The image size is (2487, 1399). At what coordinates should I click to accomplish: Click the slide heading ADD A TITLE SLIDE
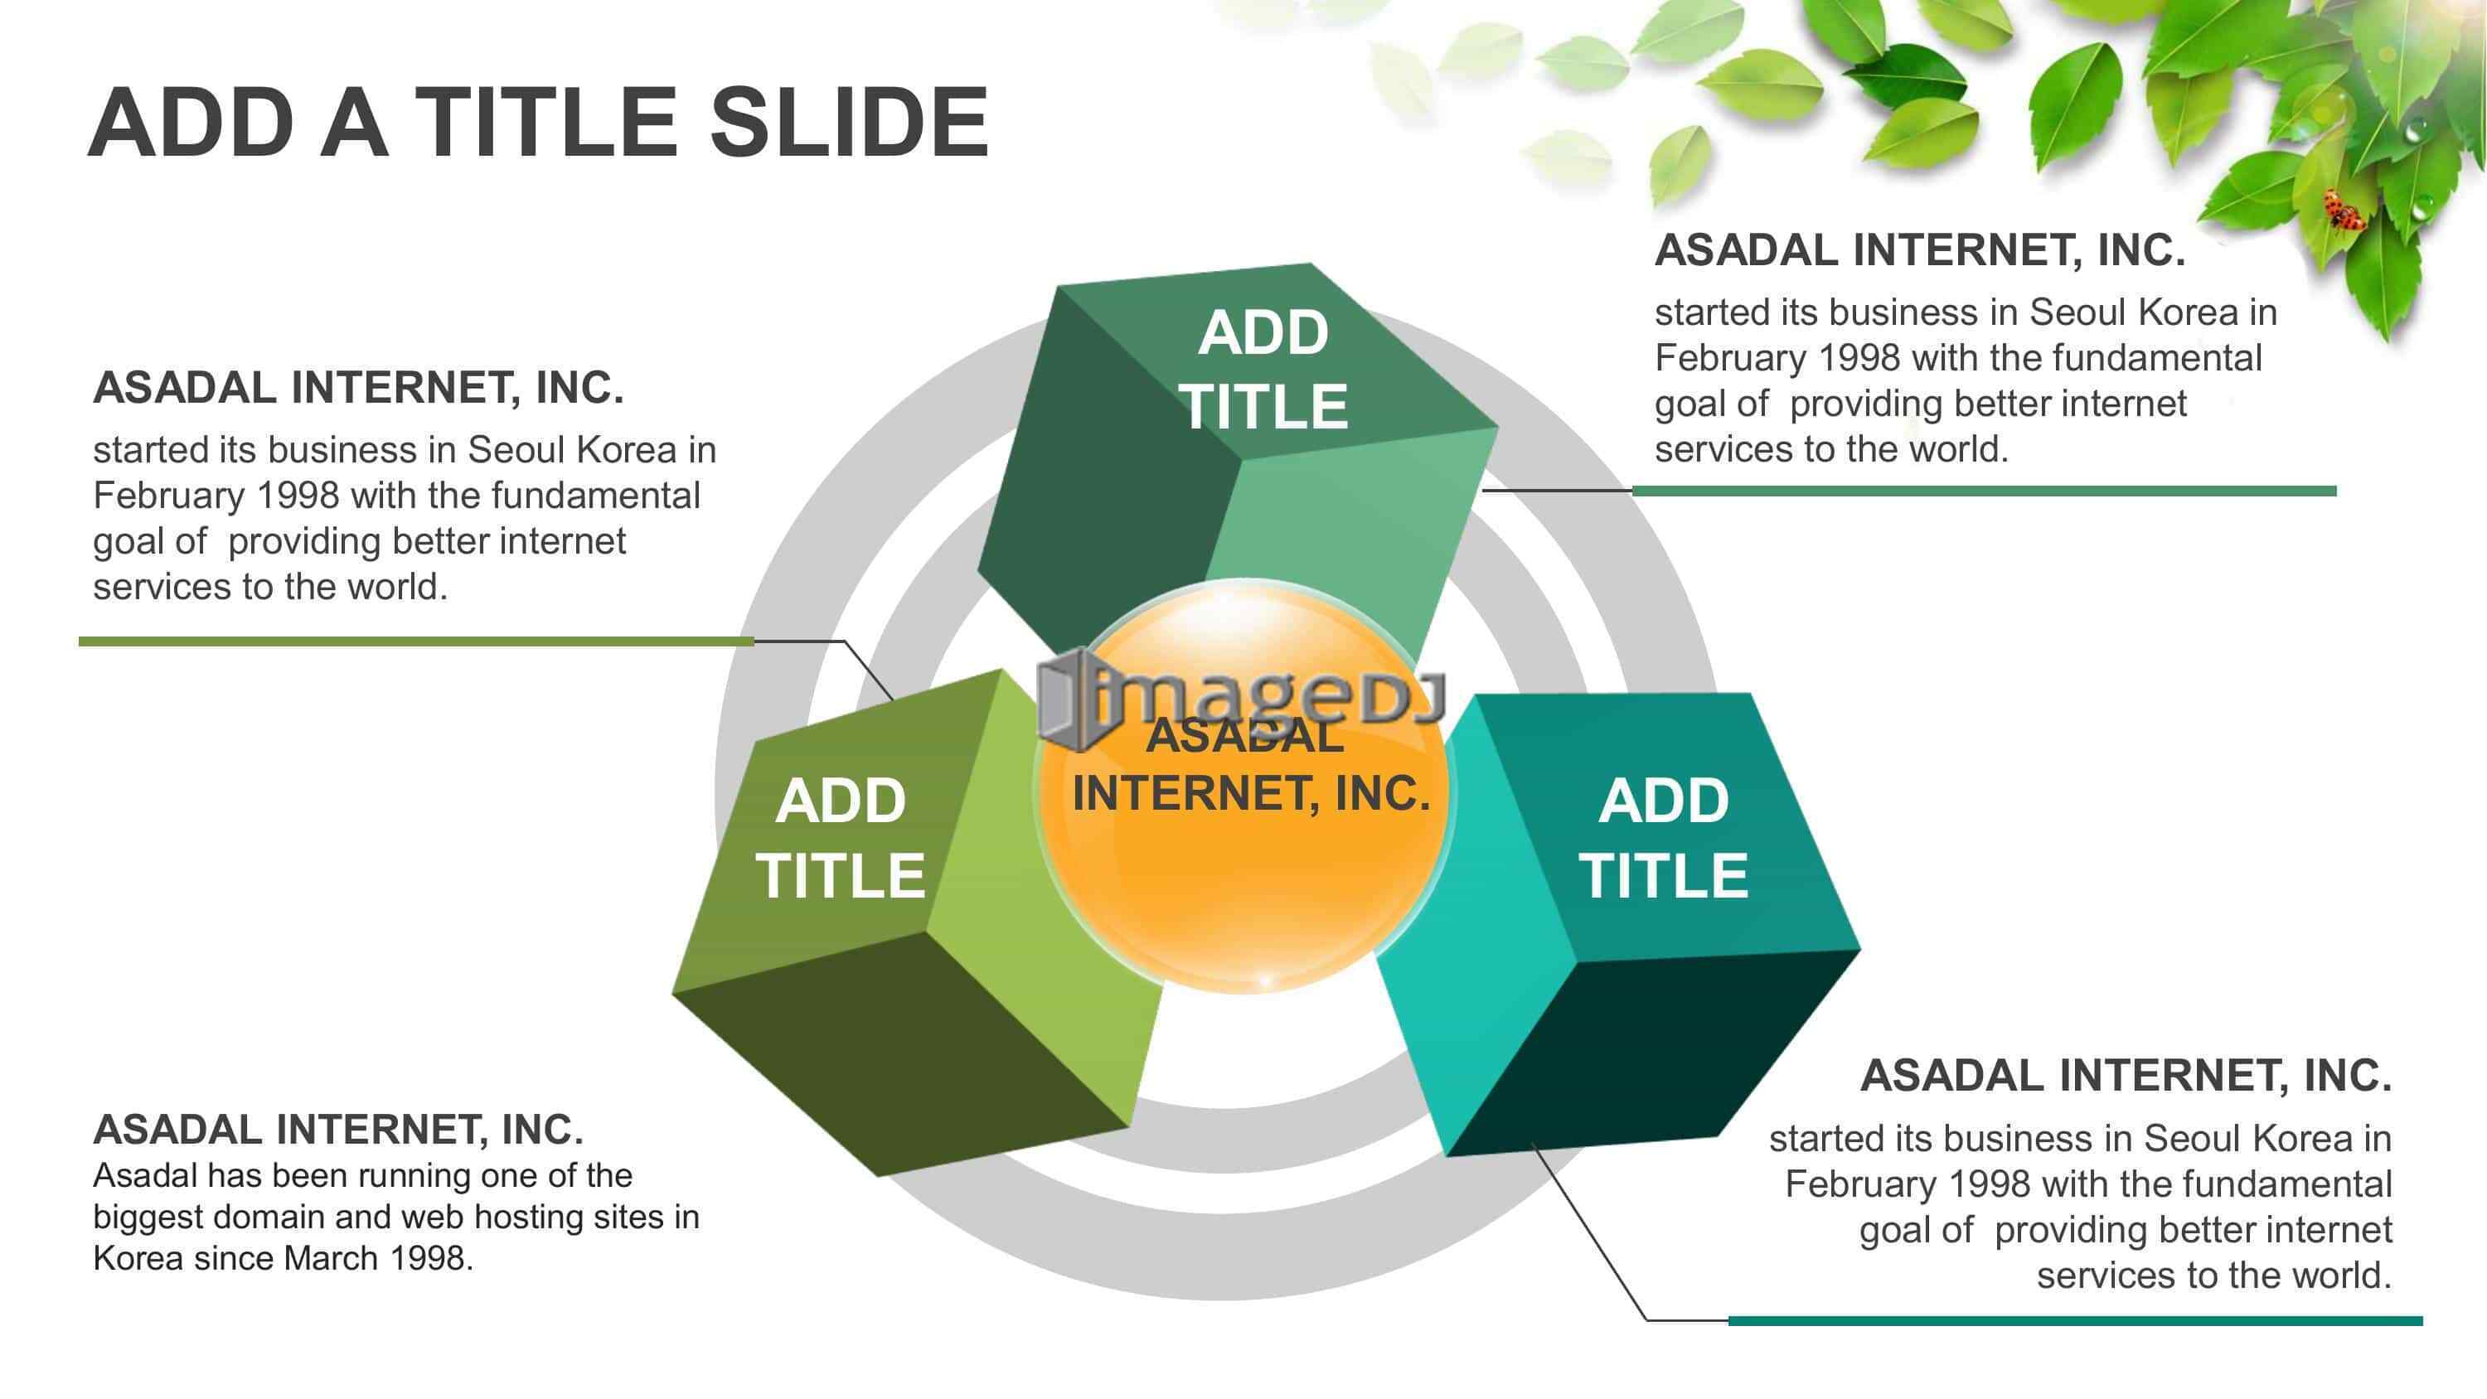(x=539, y=123)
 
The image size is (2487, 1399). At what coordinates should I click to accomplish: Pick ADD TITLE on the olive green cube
(x=840, y=837)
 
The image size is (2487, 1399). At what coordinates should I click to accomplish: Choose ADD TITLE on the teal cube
(x=1664, y=837)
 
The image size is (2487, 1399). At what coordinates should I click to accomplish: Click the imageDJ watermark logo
(x=1241, y=698)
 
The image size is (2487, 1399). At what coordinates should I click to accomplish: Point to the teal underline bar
(x=2076, y=1319)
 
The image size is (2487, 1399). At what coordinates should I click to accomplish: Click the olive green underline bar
(x=416, y=641)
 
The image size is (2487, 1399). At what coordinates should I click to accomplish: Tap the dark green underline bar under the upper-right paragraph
(x=1984, y=491)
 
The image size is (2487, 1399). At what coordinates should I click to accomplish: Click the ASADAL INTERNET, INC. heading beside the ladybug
(x=1919, y=250)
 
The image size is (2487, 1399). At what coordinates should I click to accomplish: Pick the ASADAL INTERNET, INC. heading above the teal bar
(x=2126, y=1076)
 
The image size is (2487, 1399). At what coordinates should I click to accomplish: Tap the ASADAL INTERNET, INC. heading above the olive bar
(x=358, y=388)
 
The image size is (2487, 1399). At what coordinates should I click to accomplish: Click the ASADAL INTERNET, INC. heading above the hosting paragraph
(x=338, y=1130)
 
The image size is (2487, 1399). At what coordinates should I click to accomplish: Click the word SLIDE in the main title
(x=850, y=123)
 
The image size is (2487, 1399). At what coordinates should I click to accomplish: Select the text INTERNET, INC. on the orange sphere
(x=1251, y=795)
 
